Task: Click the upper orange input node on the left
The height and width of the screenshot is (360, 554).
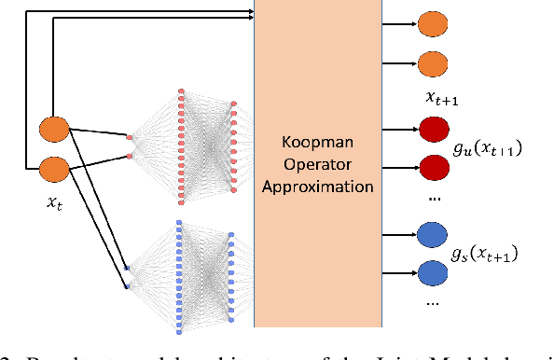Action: pos(52,130)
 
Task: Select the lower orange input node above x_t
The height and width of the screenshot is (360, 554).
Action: pos(52,170)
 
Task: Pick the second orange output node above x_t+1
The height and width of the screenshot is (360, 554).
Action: pos(432,64)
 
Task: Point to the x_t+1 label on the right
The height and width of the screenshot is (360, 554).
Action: pos(439,97)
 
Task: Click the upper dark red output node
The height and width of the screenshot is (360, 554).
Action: pos(432,130)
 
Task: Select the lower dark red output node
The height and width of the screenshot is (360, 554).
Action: pos(432,170)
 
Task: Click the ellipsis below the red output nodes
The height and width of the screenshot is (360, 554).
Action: pos(431,200)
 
